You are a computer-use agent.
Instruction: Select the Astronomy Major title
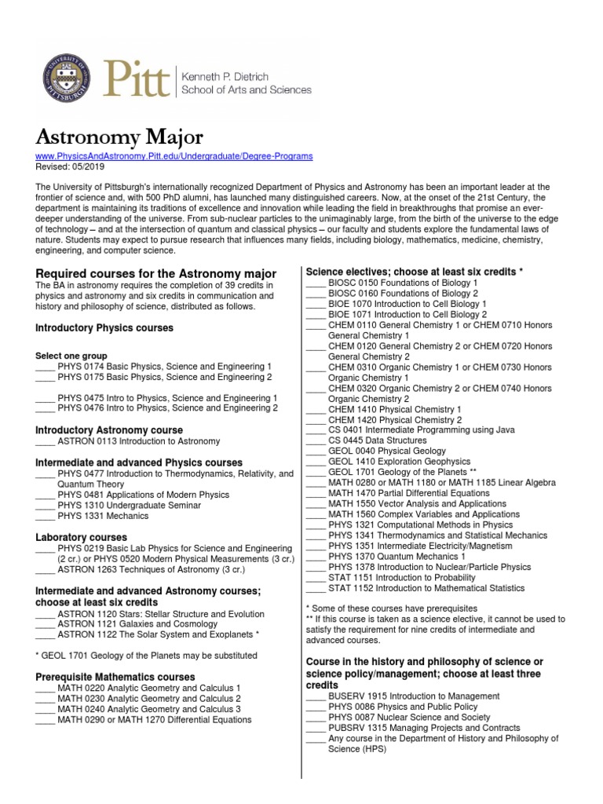pyautogui.click(x=119, y=137)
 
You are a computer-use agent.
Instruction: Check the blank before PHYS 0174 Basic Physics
pyautogui.click(x=45, y=367)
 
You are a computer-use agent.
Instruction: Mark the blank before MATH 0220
pyautogui.click(x=45, y=687)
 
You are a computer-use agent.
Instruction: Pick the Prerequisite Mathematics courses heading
pyautogui.click(x=115, y=676)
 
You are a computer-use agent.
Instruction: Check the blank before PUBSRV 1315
pyautogui.click(x=315, y=728)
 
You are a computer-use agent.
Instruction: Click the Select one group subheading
pyautogui.click(x=69, y=355)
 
